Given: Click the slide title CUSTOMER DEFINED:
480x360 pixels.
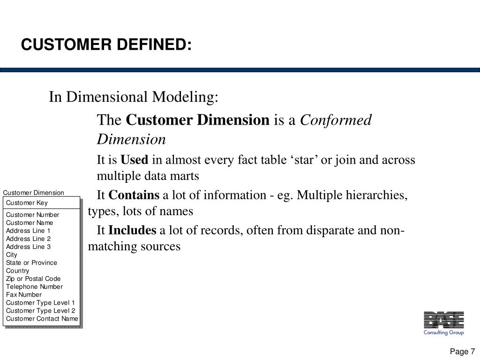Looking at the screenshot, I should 106,45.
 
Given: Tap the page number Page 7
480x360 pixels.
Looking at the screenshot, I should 462,352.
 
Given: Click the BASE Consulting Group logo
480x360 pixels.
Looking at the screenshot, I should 443,323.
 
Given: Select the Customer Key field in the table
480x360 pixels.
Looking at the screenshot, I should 27,203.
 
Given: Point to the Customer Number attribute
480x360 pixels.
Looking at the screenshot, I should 33,215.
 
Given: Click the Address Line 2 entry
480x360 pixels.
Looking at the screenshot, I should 28,239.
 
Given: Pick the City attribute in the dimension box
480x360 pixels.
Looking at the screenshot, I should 12,255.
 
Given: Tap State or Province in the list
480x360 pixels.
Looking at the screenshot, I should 31,262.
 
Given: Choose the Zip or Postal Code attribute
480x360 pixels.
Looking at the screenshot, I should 33,278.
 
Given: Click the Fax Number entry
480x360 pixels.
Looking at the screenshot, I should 24,294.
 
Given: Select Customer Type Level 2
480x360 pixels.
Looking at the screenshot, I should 40,310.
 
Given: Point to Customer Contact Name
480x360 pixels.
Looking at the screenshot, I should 42,319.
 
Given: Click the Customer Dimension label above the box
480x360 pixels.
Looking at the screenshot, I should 34,193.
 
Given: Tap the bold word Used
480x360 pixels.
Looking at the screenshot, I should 134,160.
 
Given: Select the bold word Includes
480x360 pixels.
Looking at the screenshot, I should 132,230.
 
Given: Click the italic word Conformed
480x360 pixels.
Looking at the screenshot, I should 336,120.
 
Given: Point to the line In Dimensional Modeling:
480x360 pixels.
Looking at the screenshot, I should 134,97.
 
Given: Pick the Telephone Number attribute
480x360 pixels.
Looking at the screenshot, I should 34,286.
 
